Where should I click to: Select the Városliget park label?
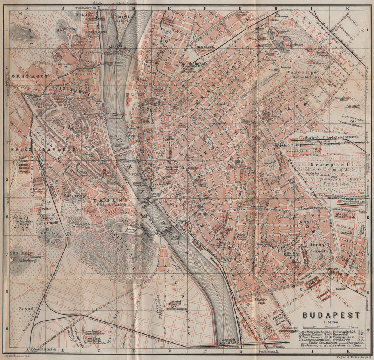[x=306, y=72]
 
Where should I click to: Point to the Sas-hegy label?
[x=22, y=253]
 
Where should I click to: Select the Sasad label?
[x=27, y=309]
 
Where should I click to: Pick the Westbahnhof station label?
[x=194, y=64]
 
